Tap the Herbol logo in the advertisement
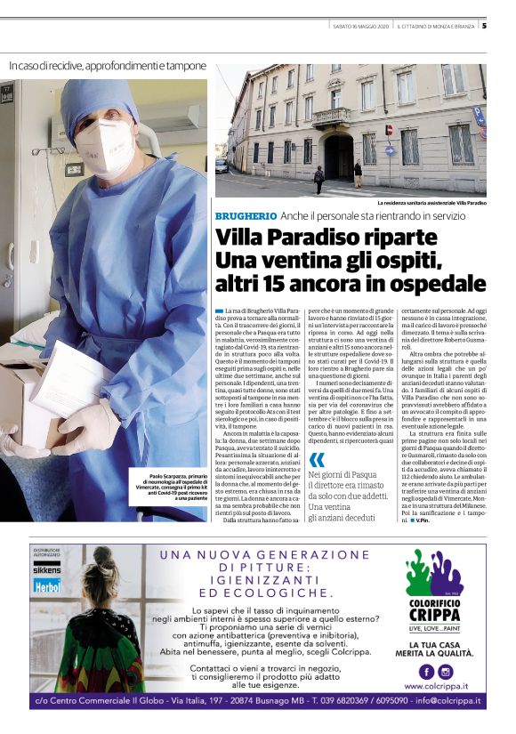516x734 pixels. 46,588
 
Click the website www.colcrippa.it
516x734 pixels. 436,687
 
